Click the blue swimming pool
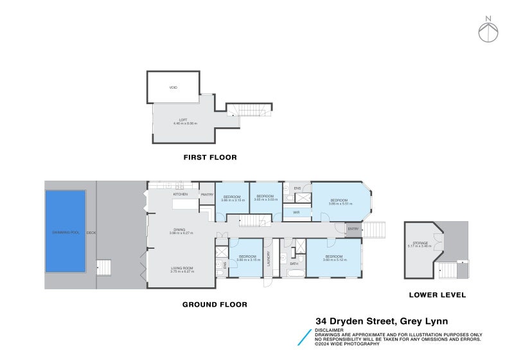[x=65, y=231]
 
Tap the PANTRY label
[x=207, y=194]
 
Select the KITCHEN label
[x=180, y=194]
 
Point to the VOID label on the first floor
[x=173, y=87]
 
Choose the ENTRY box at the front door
[x=353, y=229]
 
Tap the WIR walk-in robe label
[x=296, y=212]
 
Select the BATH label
[x=294, y=264]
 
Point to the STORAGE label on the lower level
[x=418, y=243]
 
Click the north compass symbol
[x=488, y=30]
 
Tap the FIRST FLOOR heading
[x=210, y=157]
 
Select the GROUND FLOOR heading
[x=215, y=305]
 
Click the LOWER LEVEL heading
[x=437, y=295]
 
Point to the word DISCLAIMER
[x=329, y=330]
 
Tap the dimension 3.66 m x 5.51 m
[x=339, y=204]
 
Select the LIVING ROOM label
[x=182, y=268]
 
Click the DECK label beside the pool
[x=91, y=232]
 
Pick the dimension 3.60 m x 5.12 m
[x=334, y=260]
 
